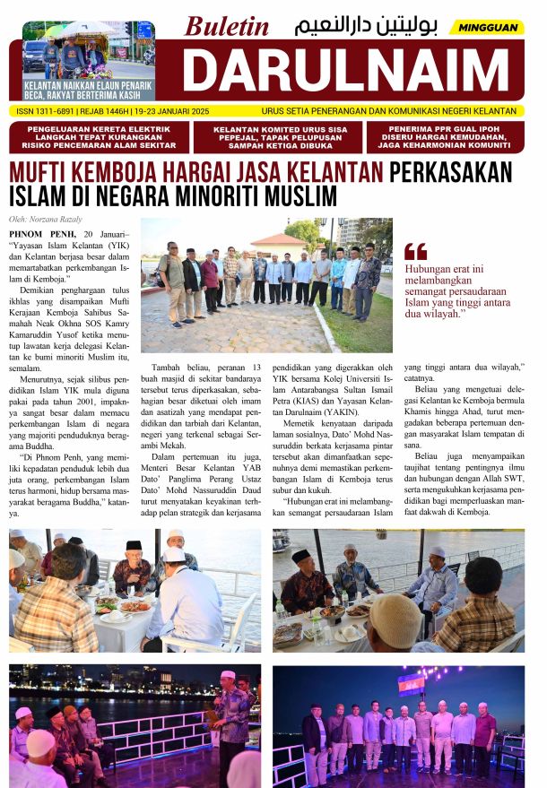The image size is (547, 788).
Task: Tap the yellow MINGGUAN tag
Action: pos(489,28)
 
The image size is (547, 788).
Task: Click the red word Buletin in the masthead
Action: pos(227,26)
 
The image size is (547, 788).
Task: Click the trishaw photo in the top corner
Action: pos(88,49)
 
